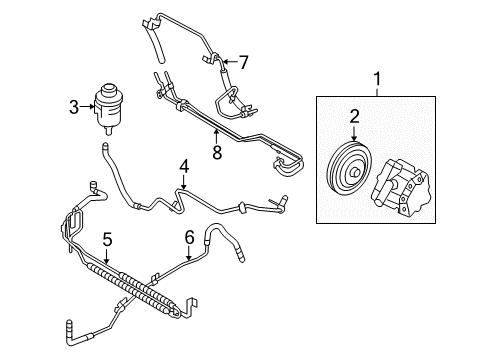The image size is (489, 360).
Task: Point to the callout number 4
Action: (183, 165)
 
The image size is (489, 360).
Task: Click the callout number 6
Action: (187, 238)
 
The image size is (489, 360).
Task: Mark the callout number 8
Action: (216, 152)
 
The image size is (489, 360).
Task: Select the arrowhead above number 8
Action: (216, 132)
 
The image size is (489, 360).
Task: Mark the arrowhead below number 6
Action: (187, 258)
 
